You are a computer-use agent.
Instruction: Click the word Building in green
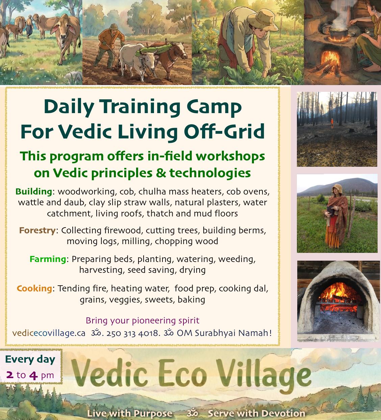[x=33, y=191]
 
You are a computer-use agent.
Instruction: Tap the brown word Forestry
[x=37, y=231]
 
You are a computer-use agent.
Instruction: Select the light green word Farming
[x=48, y=259]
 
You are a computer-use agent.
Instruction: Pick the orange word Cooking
[x=34, y=289]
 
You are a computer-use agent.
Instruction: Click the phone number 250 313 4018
[x=133, y=334]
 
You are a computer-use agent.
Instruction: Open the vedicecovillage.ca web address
[x=49, y=334]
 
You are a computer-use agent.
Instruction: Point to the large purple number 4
[x=33, y=375]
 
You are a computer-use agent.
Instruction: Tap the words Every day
[x=30, y=360]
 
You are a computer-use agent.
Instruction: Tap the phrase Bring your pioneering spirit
[x=142, y=320]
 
